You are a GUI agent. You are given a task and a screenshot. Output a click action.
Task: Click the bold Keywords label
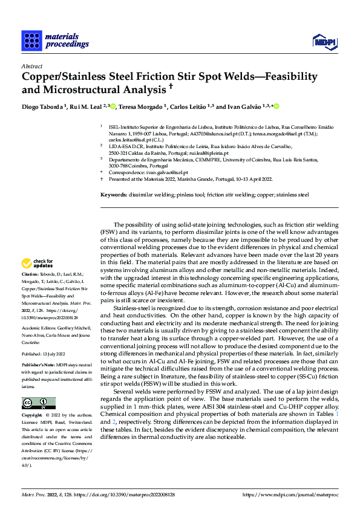pyautogui.click(x=113, y=195)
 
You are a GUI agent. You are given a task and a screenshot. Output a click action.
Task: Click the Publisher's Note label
pyautogui.click(x=38, y=366)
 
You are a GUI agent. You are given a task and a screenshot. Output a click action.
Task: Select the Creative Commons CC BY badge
pyautogui.click(x=35, y=403)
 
